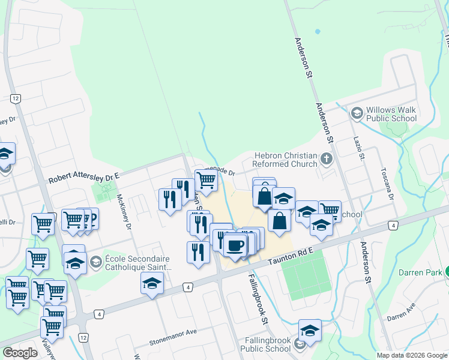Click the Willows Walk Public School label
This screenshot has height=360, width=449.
click(391, 114)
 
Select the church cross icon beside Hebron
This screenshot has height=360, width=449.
click(326, 159)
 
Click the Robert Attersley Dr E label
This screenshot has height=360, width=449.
click(85, 176)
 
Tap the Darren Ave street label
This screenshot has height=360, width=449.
click(401, 313)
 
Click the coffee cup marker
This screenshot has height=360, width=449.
click(235, 245)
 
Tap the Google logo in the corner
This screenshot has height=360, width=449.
click(20, 353)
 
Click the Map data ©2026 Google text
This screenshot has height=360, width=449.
click(412, 355)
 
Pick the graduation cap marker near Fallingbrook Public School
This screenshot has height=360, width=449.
click(310, 330)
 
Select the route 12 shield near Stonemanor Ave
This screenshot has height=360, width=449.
click(83, 338)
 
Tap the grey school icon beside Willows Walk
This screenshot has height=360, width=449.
click(357, 113)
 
